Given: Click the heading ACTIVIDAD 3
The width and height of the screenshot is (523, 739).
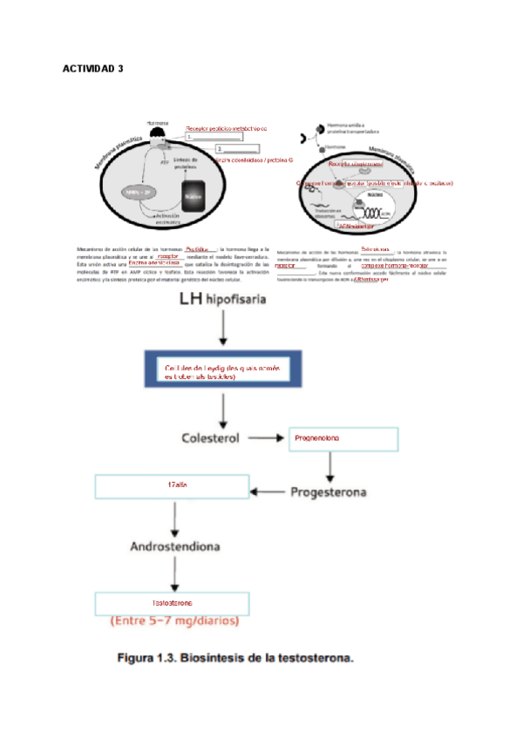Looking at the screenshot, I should [95, 69].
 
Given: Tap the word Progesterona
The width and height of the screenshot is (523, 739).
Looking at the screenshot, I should [329, 492].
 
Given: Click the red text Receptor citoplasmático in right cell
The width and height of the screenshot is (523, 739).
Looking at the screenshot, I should [355, 163].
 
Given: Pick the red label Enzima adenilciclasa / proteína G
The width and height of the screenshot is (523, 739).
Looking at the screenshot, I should [254, 160].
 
